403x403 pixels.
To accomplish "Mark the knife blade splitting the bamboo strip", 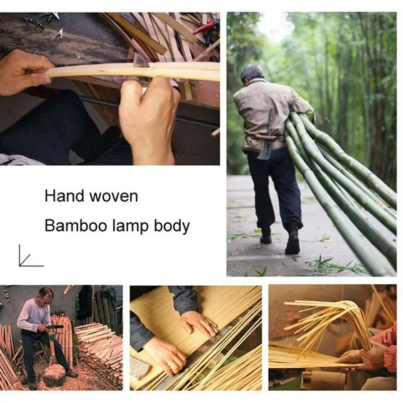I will (x=141, y=61).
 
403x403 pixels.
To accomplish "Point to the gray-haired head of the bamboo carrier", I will (x=252, y=74).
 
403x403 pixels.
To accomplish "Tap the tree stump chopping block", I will (x=54, y=375).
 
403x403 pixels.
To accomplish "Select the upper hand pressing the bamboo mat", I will (x=199, y=323).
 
